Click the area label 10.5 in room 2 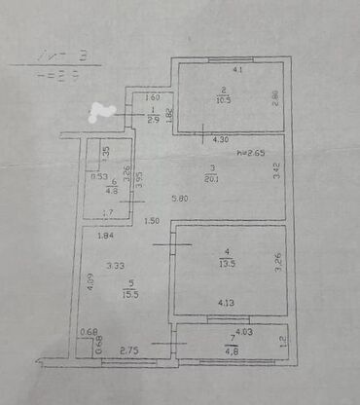222,99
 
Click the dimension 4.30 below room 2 222,141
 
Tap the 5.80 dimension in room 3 180,200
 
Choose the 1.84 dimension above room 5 104,235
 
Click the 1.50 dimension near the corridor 152,222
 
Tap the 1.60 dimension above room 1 152,97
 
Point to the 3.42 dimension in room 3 275,177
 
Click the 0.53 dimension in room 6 98,176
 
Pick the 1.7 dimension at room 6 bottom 108,212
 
